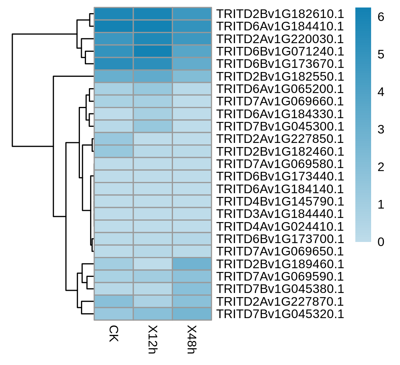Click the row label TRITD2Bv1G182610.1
click(x=280, y=14)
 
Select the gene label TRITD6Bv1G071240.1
click(x=280, y=51)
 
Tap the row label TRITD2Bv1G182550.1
click(x=280, y=77)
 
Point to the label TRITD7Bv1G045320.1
click(x=280, y=314)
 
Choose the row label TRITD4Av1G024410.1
click(x=280, y=227)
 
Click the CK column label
click(x=114, y=333)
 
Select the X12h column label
click(x=153, y=339)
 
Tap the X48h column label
click(x=192, y=339)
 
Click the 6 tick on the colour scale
click(x=381, y=17)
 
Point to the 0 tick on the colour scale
click(x=381, y=242)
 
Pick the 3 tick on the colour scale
click(x=381, y=129)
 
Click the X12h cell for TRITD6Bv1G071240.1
click(x=153, y=51)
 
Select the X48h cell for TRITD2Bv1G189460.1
click(x=192, y=264)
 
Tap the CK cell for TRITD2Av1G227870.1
click(x=114, y=302)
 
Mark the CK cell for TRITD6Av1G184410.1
click(x=114, y=27)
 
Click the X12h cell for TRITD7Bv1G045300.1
click(x=153, y=126)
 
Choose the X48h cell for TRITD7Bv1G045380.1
click(x=192, y=289)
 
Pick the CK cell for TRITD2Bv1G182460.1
click(x=114, y=152)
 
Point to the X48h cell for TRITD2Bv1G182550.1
click(x=192, y=77)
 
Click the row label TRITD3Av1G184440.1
click(x=280, y=214)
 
